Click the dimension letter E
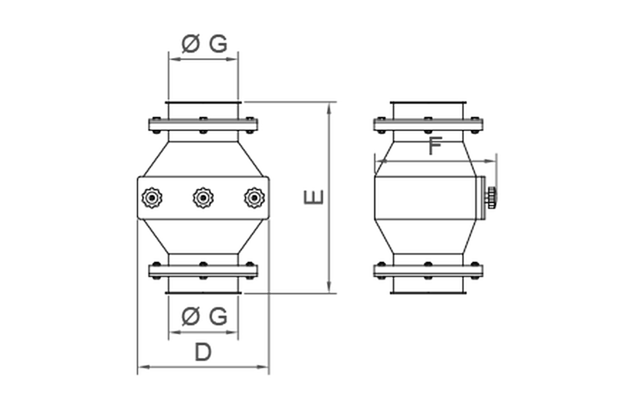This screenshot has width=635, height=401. point(314,197)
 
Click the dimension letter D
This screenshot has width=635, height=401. point(203,352)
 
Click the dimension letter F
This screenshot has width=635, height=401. point(435,146)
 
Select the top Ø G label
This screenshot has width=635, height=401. point(204,44)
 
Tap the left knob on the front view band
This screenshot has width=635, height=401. point(152,198)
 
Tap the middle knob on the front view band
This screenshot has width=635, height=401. point(203,198)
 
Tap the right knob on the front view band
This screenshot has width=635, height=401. point(254,198)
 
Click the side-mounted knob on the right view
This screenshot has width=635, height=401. point(491,198)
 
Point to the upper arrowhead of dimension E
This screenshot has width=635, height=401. point(329,109)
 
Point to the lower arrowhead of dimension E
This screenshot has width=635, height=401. point(329,287)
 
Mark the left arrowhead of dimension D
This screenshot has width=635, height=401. point(144,367)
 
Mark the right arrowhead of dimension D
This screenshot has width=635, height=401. point(262,367)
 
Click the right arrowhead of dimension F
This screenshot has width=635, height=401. point(490,161)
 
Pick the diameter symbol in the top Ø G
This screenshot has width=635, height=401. point(190,44)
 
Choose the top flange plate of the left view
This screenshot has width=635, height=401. point(203,125)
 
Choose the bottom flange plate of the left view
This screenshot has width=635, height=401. point(203,271)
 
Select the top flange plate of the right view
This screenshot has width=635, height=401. point(428,125)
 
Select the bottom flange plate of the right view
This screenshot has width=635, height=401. point(428,271)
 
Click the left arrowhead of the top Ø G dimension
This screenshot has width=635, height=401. point(175,59)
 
